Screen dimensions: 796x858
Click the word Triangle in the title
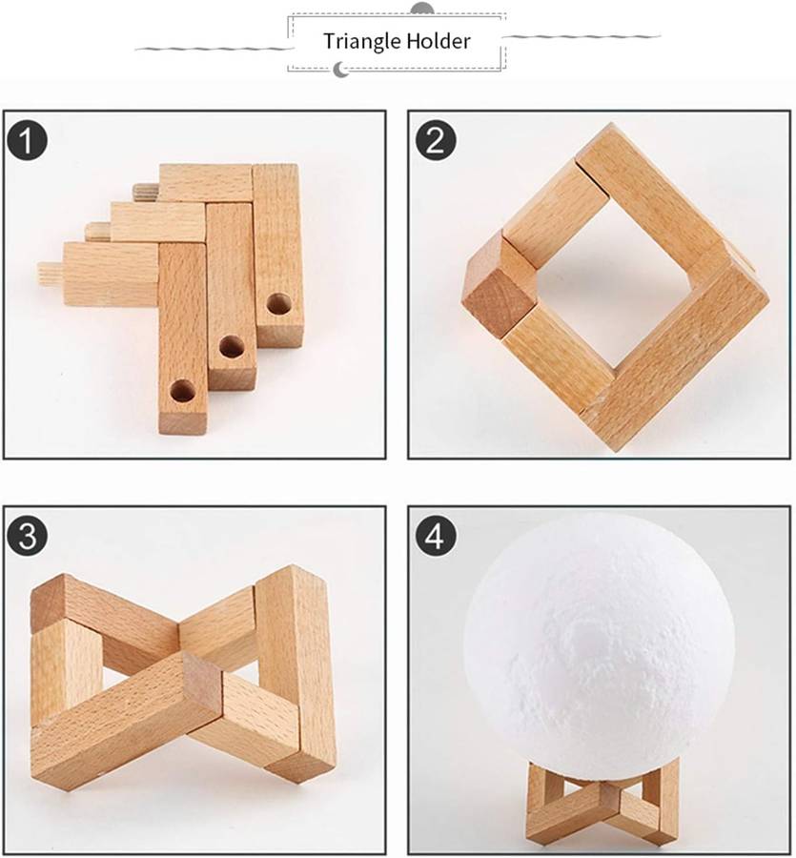coord(361,42)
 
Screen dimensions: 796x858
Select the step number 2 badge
coord(436,141)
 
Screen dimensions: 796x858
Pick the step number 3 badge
coord(28,536)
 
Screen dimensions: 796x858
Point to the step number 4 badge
coord(436,536)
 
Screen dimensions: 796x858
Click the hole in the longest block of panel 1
coord(182,391)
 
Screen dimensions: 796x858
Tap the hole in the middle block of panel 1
coord(232,347)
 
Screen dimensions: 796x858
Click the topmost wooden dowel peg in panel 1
coord(146,192)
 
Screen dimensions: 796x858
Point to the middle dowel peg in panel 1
coord(98,232)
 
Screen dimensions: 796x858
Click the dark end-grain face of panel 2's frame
coord(500,304)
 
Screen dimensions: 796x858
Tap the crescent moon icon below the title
coord(341,70)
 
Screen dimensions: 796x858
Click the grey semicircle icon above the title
coord(421,9)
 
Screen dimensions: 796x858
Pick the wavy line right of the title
coord(581,36)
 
